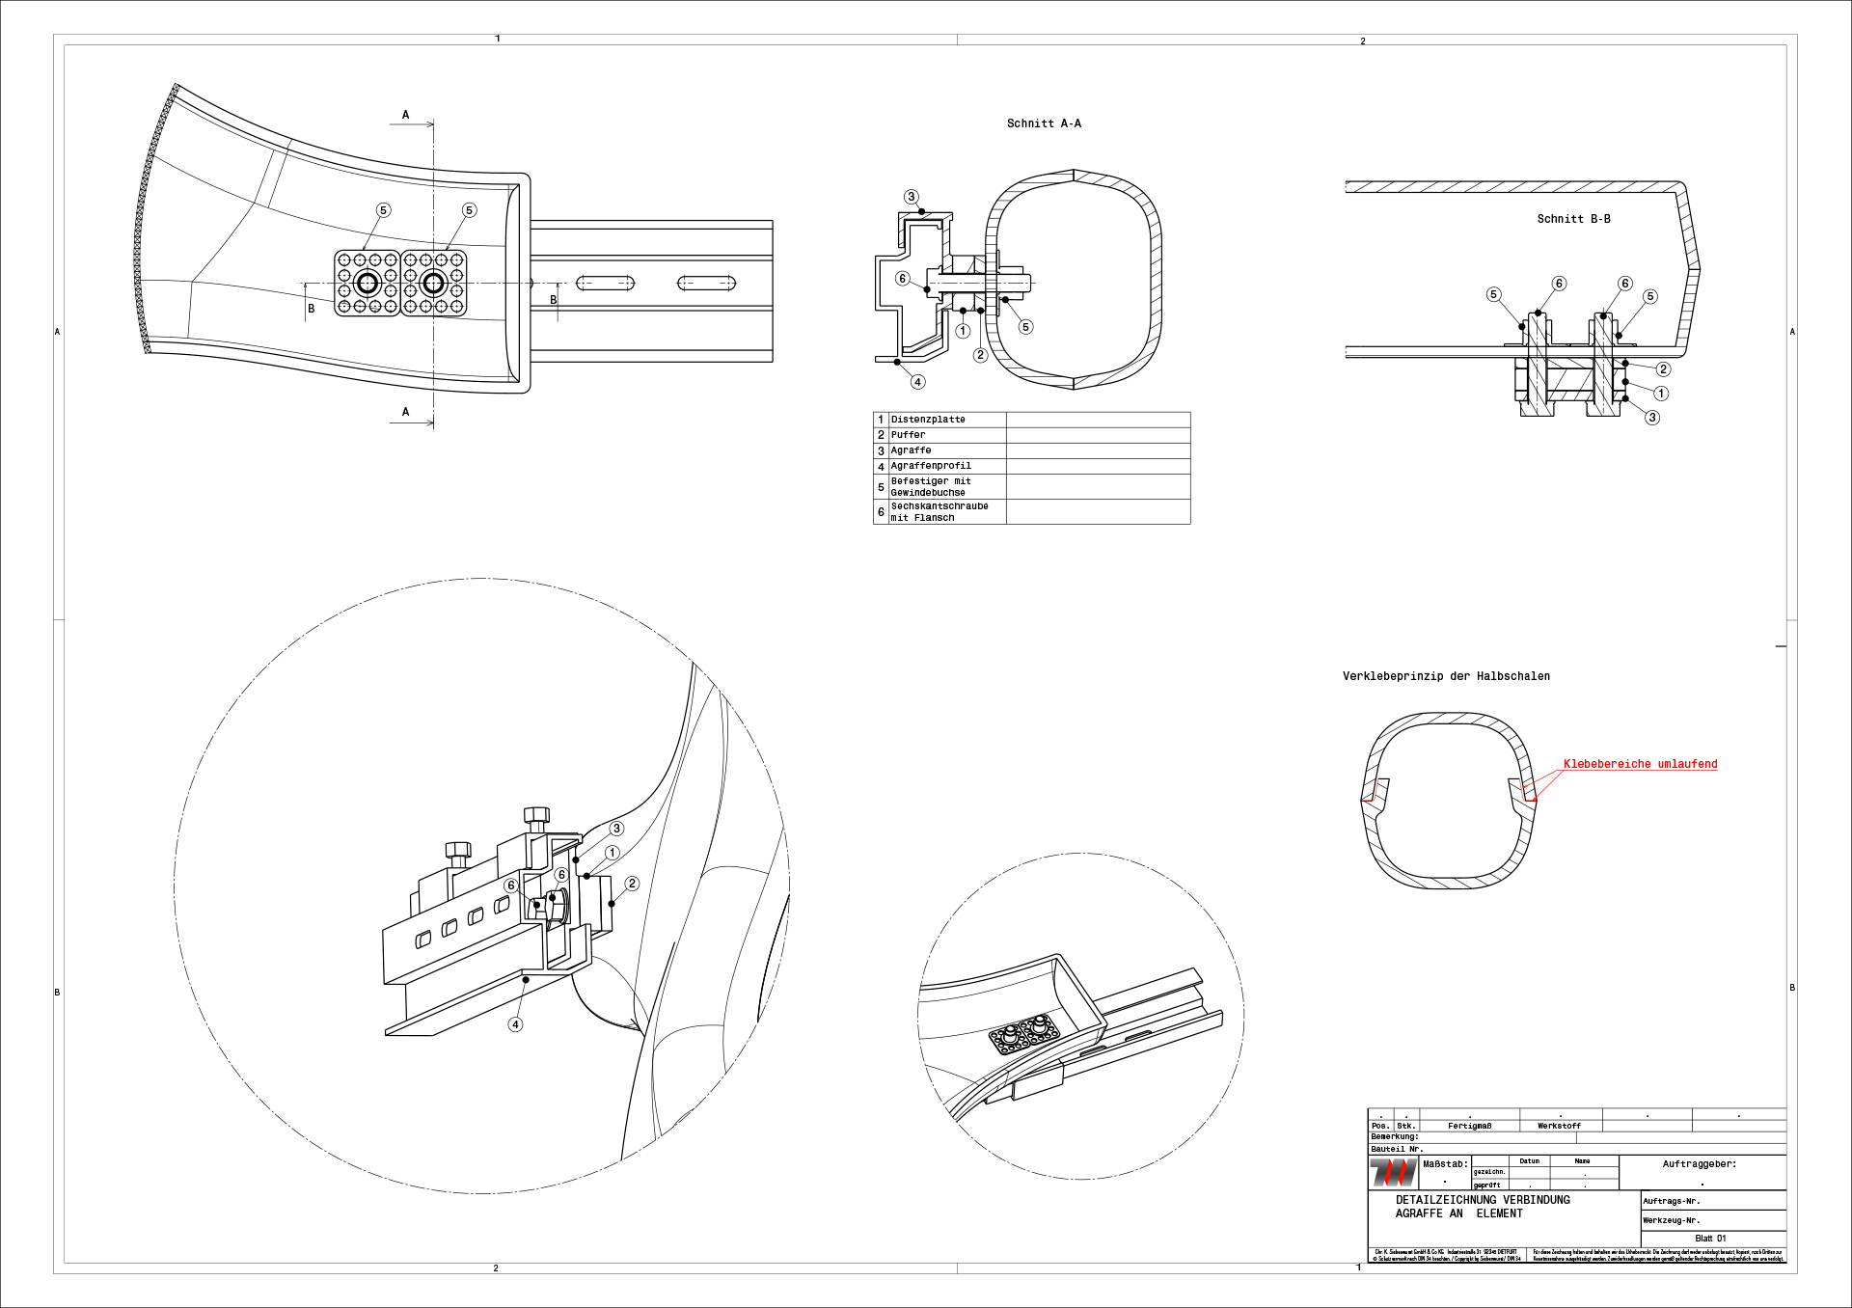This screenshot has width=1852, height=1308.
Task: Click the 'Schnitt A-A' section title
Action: click(1044, 123)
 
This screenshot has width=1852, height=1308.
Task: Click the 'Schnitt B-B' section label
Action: click(1573, 219)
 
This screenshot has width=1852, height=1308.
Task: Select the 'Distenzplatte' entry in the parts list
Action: click(928, 420)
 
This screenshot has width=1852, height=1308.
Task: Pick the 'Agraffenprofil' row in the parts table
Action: click(931, 466)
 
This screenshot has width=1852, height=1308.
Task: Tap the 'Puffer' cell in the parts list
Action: click(908, 435)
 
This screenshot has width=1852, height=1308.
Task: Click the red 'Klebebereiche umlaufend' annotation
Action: click(1640, 764)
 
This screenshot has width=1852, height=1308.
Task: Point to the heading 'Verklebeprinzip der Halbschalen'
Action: click(1446, 676)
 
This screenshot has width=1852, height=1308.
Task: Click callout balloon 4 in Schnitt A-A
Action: click(917, 382)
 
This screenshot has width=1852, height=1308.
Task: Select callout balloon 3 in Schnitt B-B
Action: click(1652, 418)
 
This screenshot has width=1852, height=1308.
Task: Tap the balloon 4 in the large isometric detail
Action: click(516, 1024)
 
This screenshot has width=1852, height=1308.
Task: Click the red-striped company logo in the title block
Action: click(1393, 1173)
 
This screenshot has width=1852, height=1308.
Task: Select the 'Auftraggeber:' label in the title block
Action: click(1699, 1164)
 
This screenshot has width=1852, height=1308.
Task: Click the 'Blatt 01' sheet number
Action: click(1710, 1239)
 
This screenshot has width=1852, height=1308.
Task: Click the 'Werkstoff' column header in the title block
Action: click(1559, 1126)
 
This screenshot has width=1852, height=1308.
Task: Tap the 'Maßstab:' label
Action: click(1445, 1164)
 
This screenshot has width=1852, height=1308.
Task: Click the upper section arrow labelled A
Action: click(406, 115)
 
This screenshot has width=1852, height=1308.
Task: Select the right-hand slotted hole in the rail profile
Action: click(706, 283)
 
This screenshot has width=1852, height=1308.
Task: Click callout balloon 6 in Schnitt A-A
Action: click(902, 279)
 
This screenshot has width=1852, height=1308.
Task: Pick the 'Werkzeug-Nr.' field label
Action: click(1672, 1220)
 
